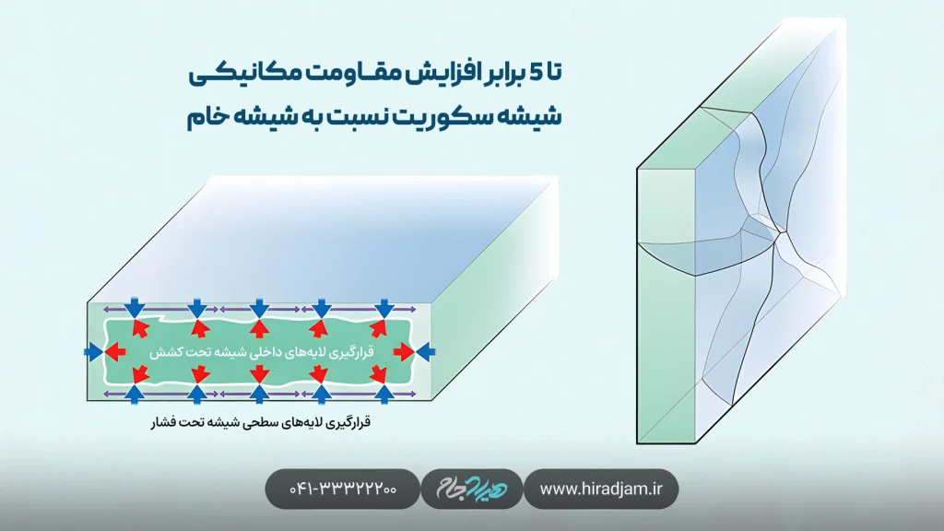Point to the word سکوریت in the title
click(x=453, y=117)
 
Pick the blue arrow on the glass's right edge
click(x=425, y=351)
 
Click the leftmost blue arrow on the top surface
click(x=136, y=307)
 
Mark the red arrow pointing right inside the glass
click(x=403, y=351)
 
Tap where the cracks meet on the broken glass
click(x=780, y=235)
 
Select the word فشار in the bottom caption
click(x=164, y=425)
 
